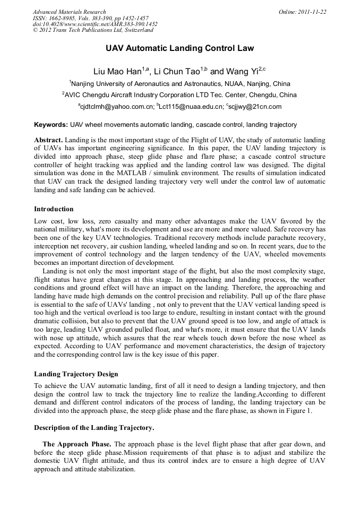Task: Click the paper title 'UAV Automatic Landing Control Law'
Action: coord(179,48)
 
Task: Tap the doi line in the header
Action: coord(95,24)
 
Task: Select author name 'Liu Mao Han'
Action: coord(115,71)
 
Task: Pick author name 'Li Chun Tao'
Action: coord(178,71)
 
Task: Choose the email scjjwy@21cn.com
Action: coord(254,107)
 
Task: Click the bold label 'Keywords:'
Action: coord(51,125)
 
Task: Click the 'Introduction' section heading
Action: coord(54,209)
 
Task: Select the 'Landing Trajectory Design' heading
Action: coord(76,374)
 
